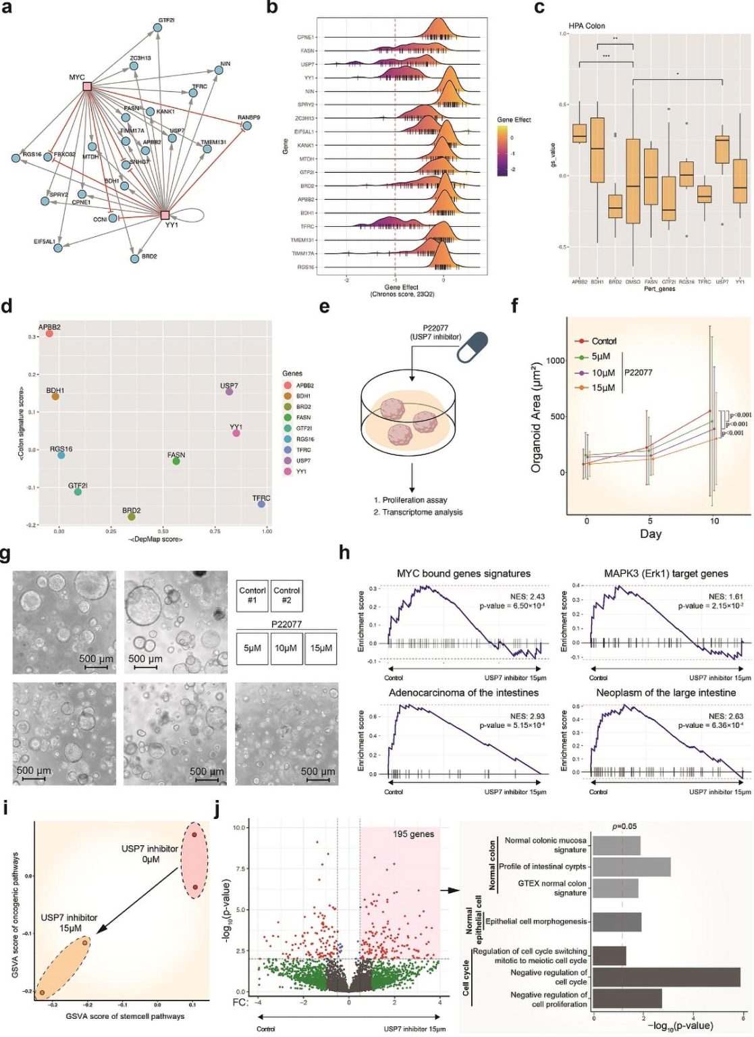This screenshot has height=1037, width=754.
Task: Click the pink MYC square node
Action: (87, 86)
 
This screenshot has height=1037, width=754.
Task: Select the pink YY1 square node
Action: (165, 215)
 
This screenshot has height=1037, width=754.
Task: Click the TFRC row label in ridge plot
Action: (307, 226)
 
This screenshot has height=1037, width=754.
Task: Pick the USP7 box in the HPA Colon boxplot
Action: (722, 144)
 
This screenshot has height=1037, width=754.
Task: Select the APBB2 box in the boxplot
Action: (579, 133)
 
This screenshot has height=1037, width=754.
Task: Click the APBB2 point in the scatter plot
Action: (49, 334)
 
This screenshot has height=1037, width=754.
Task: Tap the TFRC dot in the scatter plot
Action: (261, 504)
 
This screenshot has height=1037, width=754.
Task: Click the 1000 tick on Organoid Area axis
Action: (556, 361)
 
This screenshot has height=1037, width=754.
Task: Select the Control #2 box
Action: (286, 595)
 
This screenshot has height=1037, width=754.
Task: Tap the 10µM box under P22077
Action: (286, 648)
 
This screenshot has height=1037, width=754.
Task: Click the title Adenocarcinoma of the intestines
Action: (463, 693)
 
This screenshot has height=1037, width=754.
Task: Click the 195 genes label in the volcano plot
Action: (413, 834)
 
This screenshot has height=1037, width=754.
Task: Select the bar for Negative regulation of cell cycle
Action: (666, 977)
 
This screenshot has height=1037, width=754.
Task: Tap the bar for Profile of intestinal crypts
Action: (632, 867)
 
